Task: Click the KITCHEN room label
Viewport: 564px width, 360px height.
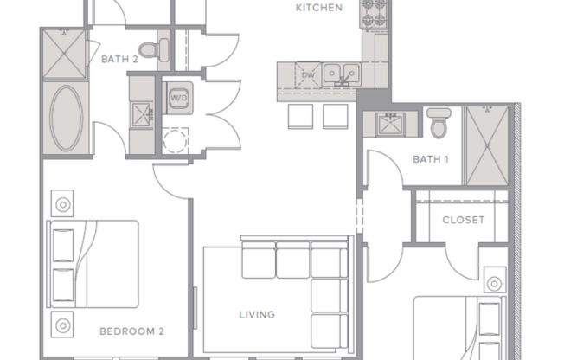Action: point(319,8)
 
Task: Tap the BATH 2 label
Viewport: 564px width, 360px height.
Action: point(119,60)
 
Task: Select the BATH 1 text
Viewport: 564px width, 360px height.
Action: point(431,159)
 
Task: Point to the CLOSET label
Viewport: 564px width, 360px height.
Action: point(463,220)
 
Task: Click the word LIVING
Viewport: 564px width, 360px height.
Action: point(257,314)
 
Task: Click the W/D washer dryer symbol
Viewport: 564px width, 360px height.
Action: point(179,98)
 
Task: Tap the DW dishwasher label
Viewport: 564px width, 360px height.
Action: point(308,75)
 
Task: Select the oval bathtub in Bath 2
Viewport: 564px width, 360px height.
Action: point(66,119)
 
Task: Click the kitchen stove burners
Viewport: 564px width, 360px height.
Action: point(375,14)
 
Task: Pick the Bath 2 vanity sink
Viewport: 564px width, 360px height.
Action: point(140,112)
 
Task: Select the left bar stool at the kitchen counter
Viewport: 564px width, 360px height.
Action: point(298,116)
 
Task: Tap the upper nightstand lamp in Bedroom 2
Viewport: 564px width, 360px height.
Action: point(63,206)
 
